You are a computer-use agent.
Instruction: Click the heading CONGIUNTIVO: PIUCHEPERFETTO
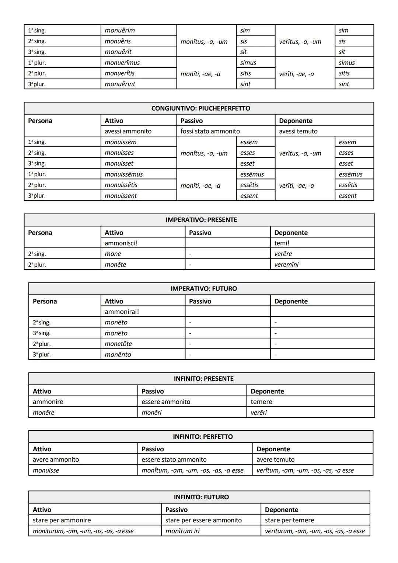(x=200, y=108)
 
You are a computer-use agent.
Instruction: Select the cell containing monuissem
(x=121, y=142)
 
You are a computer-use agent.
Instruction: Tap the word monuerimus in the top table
(x=122, y=63)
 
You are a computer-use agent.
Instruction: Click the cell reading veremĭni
(x=286, y=264)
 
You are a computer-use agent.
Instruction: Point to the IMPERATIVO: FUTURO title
(x=203, y=289)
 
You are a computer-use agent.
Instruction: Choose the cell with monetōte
(x=118, y=344)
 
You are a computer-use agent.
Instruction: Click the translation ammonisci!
(x=121, y=243)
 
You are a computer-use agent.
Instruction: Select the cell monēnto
(x=118, y=354)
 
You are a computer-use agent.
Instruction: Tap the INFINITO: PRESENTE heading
(x=203, y=379)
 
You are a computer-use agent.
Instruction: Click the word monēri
(x=151, y=413)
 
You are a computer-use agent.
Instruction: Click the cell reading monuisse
(x=46, y=470)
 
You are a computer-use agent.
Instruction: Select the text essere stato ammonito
(x=174, y=459)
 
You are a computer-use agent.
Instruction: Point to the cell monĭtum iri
(x=182, y=531)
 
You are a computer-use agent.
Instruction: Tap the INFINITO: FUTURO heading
(x=201, y=497)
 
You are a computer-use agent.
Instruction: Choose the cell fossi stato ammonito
(x=210, y=131)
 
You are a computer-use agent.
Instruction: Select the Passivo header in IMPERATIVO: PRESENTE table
(x=200, y=233)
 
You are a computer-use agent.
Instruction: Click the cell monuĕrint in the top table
(x=120, y=84)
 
